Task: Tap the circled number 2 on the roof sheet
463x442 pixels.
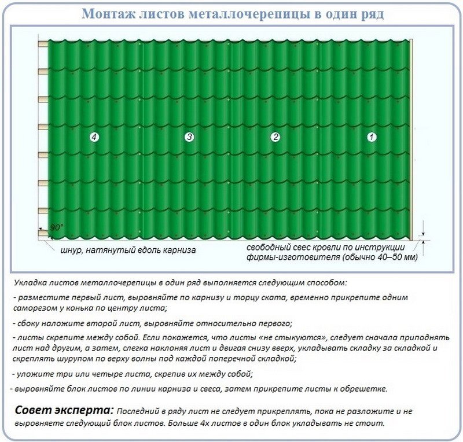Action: coord(275,137)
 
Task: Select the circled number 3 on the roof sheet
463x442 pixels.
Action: coord(189,137)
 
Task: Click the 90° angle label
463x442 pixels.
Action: coord(56,227)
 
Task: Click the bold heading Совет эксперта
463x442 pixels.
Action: coord(64,410)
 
